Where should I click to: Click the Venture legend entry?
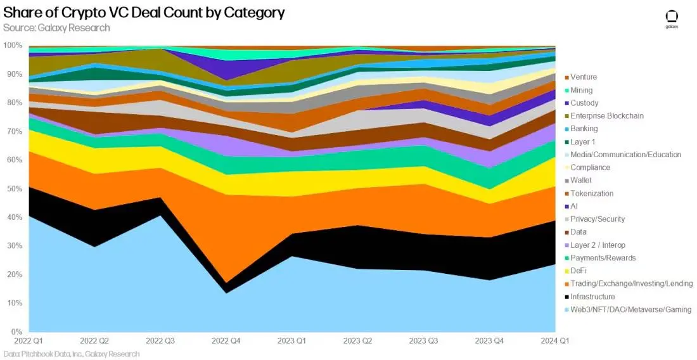pos(584,77)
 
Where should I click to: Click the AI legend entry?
pos(574,206)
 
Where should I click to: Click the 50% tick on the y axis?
pos(13,189)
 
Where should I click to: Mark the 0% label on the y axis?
pos(15,331)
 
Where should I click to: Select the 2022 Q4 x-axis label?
pos(226,340)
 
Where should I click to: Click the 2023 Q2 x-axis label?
pos(358,340)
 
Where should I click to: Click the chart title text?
pos(143,13)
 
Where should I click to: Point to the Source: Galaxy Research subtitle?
pos(56,28)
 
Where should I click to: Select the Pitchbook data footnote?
pos(71,354)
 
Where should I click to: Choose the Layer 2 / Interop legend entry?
pos(598,245)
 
